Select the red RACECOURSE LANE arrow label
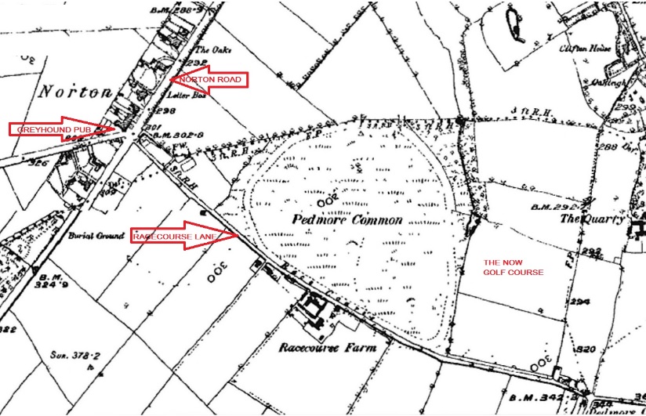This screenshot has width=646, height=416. point(183,236)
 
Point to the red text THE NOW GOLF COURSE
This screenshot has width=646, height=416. point(514,267)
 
